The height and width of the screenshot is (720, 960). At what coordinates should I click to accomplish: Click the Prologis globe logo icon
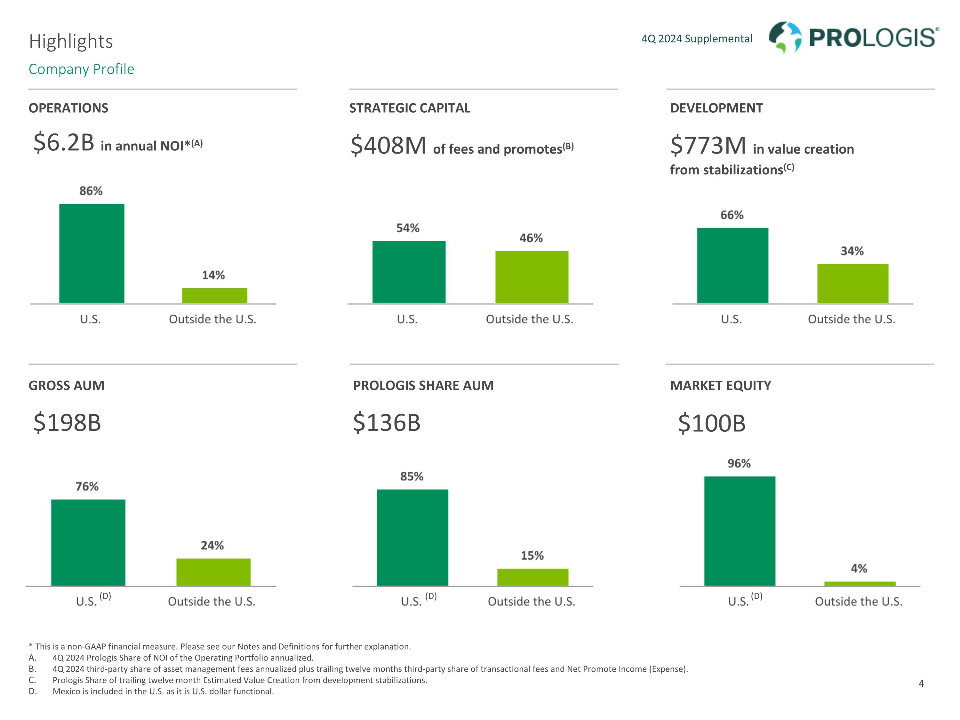(x=785, y=37)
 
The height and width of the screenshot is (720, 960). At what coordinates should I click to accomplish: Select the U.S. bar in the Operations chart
(x=92, y=253)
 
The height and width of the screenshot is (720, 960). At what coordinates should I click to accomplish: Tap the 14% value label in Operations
(x=213, y=275)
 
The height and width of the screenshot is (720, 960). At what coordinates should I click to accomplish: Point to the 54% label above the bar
(x=408, y=228)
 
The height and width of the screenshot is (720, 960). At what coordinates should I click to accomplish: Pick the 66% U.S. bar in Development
(x=732, y=266)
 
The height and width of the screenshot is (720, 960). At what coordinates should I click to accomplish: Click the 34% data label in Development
(x=852, y=251)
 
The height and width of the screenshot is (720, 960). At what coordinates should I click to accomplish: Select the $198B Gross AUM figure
(x=67, y=423)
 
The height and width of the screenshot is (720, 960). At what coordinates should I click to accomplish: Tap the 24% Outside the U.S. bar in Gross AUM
(x=213, y=572)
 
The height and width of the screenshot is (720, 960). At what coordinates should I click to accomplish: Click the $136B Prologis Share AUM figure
(x=387, y=423)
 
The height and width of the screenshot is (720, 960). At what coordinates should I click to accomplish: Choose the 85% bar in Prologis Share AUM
(x=412, y=537)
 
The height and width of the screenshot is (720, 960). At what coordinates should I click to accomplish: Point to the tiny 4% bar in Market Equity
(x=860, y=584)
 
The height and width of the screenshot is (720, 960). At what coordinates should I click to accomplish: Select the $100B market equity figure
(x=712, y=424)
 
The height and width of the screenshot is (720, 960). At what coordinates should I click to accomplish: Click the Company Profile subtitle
(x=82, y=69)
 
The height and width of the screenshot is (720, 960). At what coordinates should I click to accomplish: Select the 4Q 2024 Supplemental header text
(x=697, y=39)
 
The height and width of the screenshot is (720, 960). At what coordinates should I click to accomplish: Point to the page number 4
(x=921, y=684)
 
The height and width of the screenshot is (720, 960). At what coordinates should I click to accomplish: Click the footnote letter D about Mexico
(x=33, y=691)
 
